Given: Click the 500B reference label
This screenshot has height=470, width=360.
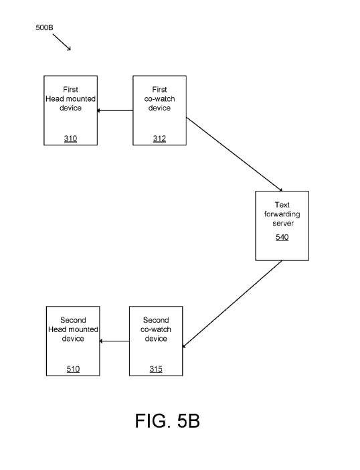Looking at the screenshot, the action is point(44,27).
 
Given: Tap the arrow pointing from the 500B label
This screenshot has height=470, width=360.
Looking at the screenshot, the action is point(62,42).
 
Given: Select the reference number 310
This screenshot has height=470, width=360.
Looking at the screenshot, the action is point(70,139).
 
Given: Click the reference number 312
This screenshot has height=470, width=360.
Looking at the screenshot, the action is point(159,139).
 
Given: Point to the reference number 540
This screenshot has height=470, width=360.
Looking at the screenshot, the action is point(282,237).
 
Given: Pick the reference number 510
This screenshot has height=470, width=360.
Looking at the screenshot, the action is point(73,369).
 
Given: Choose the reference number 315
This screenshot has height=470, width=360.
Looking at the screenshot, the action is point(156,369).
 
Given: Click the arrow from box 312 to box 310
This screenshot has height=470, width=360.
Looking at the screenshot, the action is point(115,110).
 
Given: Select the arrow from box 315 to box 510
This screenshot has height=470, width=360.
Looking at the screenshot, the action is point(114,341).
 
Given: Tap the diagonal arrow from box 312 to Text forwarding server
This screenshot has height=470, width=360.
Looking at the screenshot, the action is point(234,155).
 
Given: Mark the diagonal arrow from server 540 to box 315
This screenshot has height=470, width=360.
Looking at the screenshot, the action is point(232,304).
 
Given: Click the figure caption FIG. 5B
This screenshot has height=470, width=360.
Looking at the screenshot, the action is point(167,420).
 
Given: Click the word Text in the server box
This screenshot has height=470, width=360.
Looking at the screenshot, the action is point(282,205).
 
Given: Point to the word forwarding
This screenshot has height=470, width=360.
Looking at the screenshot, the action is point(282,214).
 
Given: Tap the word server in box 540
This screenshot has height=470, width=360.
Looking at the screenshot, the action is point(283,224).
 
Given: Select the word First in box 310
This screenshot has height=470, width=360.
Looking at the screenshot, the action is point(70,89).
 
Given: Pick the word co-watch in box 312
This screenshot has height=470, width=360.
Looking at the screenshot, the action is point(159,99).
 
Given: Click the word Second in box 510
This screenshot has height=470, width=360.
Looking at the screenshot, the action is point(73,320).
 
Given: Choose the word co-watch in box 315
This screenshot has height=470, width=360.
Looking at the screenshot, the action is point(156,329).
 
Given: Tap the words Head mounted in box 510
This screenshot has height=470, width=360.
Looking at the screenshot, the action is point(73,329).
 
